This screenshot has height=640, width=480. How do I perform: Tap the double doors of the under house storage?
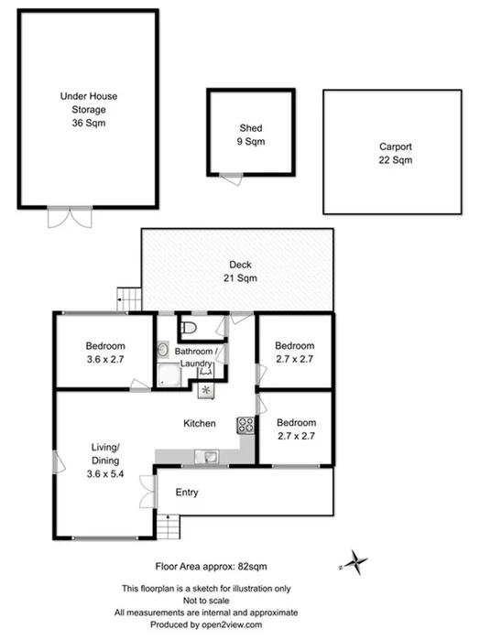pos(70,217)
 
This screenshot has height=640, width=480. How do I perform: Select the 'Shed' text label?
pos(251,127)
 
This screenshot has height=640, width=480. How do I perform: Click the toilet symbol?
pos(188,326)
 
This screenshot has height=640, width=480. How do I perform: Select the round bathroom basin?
pos(162,349)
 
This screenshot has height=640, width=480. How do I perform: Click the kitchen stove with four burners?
pos(245,424)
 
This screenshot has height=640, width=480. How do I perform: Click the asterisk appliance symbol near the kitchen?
pos(205,389)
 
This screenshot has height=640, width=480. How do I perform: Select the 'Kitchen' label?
pos(199,423)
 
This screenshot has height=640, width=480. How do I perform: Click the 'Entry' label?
pos(187,493)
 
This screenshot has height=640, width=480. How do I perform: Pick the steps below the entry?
pos(169,527)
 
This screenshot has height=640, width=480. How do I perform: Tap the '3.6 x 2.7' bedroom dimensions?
pos(104,359)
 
